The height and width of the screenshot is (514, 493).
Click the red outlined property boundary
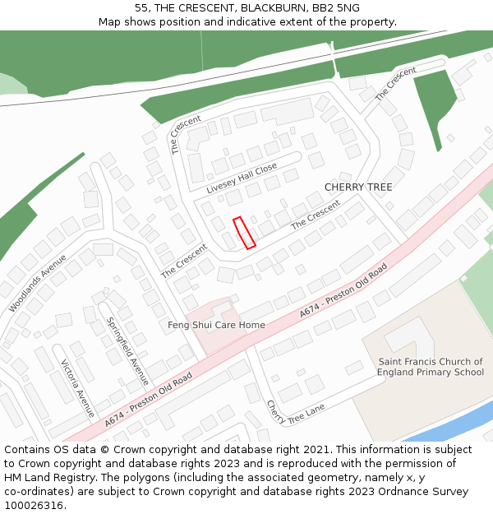coord(244,233)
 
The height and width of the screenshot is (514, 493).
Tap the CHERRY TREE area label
coord(358,188)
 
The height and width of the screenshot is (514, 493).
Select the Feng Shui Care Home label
coord(216,325)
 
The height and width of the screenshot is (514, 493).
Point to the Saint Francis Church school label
coord(431,367)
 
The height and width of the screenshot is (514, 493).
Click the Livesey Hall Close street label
coord(242,178)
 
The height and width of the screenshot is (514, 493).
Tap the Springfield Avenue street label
coord(128,350)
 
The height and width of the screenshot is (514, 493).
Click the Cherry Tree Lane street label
coord(295,412)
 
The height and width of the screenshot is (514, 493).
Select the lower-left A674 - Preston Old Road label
coord(149,400)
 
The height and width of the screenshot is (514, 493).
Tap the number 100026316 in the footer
coord(34,505)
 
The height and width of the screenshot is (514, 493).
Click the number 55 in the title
coord(141,7)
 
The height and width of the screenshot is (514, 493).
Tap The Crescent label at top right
coord(396,83)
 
